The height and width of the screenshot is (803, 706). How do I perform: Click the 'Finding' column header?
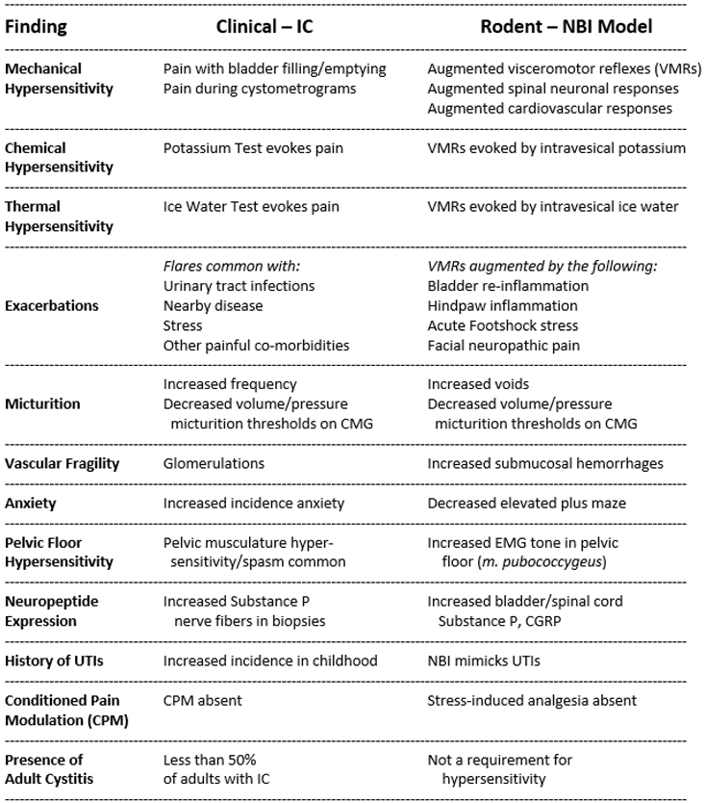tap(37, 27)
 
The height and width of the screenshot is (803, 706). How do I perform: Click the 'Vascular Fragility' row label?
tap(63, 463)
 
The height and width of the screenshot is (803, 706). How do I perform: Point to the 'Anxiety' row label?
tap(31, 503)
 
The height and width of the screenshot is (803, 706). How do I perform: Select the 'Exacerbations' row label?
tap(52, 305)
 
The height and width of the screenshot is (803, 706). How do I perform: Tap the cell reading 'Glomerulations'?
tap(214, 463)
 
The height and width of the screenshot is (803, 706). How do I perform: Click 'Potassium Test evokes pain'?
tap(253, 148)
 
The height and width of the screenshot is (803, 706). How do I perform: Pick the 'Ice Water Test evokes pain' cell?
tap(251, 207)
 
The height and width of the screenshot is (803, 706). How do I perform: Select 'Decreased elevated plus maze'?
tap(525, 503)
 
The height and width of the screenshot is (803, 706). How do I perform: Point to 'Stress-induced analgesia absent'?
tap(532, 700)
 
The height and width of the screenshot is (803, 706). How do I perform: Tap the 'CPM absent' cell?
tap(202, 700)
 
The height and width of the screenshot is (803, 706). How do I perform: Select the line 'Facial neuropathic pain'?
tap(504, 345)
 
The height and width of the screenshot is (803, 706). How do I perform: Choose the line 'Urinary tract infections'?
tap(239, 286)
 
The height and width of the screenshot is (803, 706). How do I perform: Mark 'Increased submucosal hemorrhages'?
tap(545, 463)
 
